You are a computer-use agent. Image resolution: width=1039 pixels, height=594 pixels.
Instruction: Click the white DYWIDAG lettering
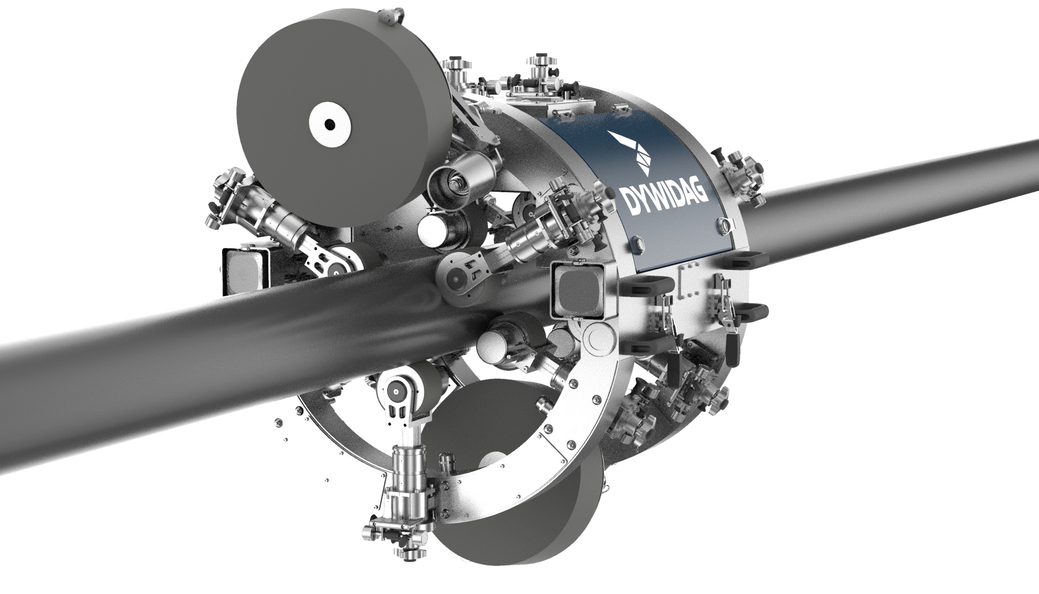pos(663,198)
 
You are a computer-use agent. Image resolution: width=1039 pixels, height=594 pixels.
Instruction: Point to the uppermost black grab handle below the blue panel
pos(744,258)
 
